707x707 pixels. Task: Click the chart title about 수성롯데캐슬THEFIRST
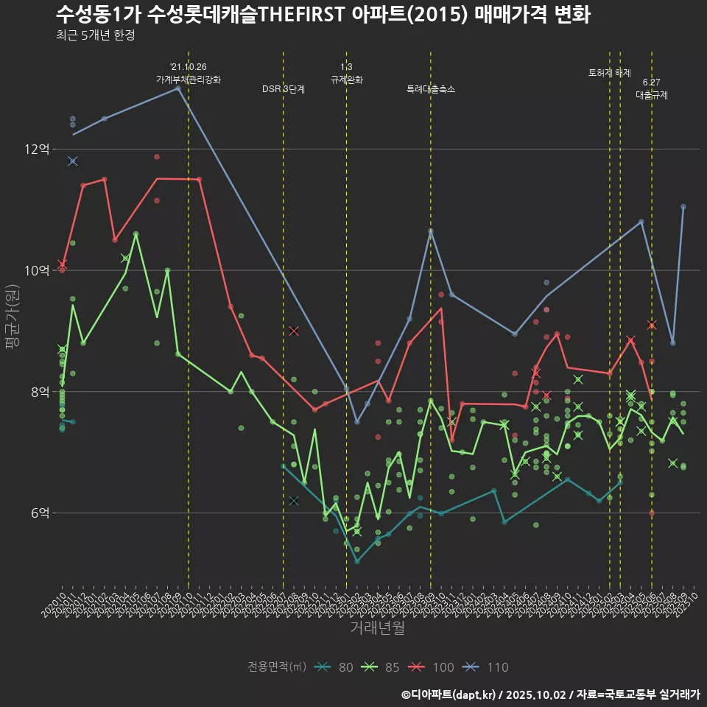click(323, 15)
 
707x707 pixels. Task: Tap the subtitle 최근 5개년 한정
click(95, 35)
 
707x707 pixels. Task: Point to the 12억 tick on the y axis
click(37, 149)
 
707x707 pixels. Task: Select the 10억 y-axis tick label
click(37, 270)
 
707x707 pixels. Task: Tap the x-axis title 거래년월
click(377, 628)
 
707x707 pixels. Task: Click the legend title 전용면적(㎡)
click(276, 667)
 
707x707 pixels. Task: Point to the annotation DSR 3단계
click(284, 89)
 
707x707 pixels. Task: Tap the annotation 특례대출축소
click(431, 89)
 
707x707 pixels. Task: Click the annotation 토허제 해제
click(610, 73)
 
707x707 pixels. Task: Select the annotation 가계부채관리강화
click(189, 80)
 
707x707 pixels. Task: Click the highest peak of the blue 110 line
click(178, 88)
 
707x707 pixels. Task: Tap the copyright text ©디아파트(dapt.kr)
click(450, 694)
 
